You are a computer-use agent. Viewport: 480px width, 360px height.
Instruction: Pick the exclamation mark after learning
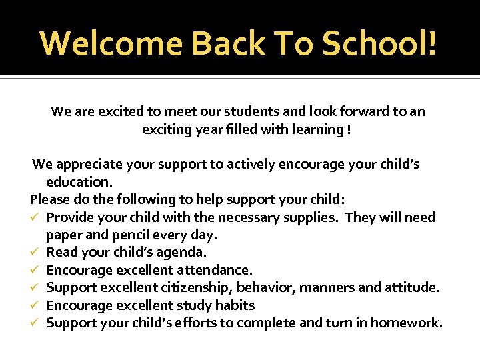point(349,129)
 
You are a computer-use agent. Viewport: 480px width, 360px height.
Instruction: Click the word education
point(79,182)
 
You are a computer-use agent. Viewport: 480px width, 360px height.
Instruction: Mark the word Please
point(49,199)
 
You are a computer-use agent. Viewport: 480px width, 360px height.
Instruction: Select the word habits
point(233,305)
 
